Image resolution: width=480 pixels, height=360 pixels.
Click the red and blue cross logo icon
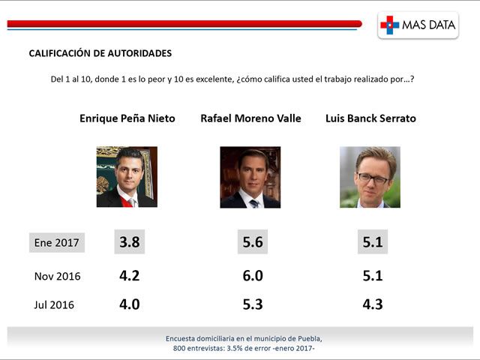(390, 25)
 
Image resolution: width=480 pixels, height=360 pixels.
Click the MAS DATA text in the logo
(429, 25)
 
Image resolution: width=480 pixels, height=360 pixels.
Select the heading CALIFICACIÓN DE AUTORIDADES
(100, 53)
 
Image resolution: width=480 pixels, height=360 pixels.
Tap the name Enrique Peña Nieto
(127, 118)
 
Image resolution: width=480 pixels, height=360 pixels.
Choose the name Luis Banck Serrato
(370, 118)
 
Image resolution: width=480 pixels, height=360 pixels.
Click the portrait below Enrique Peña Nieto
(127, 177)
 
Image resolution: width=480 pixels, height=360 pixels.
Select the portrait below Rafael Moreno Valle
(250, 177)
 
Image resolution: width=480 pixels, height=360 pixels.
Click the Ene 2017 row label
(58, 243)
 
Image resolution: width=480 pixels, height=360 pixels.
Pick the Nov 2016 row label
(58, 276)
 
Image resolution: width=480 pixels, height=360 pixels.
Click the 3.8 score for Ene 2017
(130, 242)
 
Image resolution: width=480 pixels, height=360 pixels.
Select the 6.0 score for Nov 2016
(253, 275)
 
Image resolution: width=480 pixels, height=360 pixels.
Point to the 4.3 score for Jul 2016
(372, 304)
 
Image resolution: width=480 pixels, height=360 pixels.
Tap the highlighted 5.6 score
(253, 242)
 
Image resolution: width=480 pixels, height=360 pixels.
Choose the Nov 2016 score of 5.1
(372, 275)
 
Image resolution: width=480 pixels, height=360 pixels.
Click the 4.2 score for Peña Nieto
(130, 275)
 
